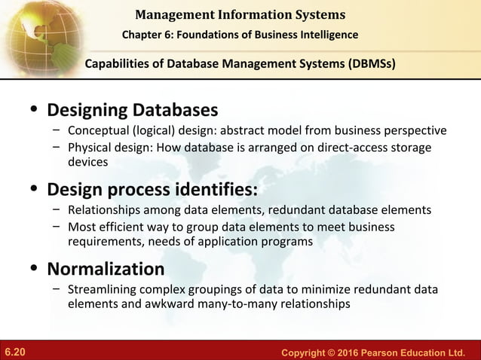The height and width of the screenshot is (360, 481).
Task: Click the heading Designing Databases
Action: (133, 111)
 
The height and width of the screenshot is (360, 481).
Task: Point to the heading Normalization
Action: (106, 269)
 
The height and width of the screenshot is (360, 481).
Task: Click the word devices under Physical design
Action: (88, 162)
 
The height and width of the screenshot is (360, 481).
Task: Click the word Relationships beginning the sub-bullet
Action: (104, 209)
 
